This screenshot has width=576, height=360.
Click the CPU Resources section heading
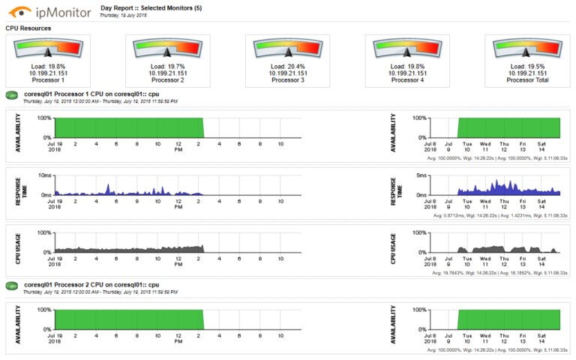click(28, 28)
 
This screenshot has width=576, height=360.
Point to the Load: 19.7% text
click(168, 66)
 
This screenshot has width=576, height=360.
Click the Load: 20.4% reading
click(287, 66)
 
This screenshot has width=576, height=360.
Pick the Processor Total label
click(526, 79)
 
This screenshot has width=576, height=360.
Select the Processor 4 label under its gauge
click(407, 79)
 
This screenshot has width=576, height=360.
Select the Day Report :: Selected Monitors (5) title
click(150, 7)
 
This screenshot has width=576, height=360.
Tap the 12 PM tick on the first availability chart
click(178, 145)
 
